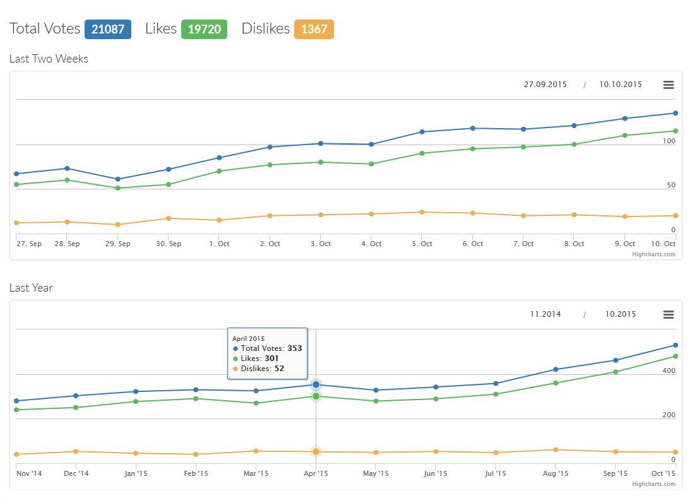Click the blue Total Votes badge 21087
pos(108,29)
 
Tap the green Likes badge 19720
pos(204,29)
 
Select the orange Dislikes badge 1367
pos(314,29)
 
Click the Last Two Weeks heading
pos(49,59)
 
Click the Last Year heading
pos(31,288)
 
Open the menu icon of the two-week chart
pos(669,85)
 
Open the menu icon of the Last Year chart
pos(669,314)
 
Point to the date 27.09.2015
pos(546,85)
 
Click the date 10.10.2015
pos(621,85)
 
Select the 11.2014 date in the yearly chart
pos(546,314)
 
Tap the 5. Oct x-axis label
pos(422,244)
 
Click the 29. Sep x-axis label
pos(118,244)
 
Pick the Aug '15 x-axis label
pos(556,473)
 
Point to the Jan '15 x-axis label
pos(136,473)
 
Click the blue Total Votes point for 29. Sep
pos(118,179)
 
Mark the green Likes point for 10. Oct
pos(675,131)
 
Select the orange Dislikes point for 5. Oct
pos(422,212)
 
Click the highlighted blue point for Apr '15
pos(316,384)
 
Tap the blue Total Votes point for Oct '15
pos(675,345)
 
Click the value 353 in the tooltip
pos(295,348)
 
